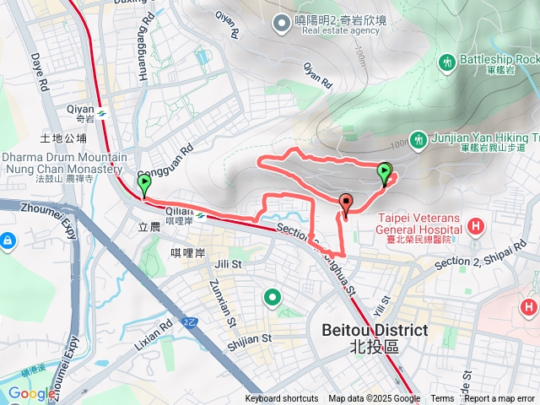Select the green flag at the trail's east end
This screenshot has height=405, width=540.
pos(385,173)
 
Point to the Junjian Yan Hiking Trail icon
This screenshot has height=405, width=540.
pos(416,138)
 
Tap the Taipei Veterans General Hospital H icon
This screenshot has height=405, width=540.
pos(477,226)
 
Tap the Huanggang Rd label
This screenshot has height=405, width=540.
pos(144,39)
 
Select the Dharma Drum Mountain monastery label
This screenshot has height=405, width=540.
pos(64,164)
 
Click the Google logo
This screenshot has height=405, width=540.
pos(32,393)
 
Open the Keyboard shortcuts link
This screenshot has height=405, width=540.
pos(282,399)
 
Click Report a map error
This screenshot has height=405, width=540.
pos(499,399)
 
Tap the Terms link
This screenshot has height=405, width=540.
pos(442,399)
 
